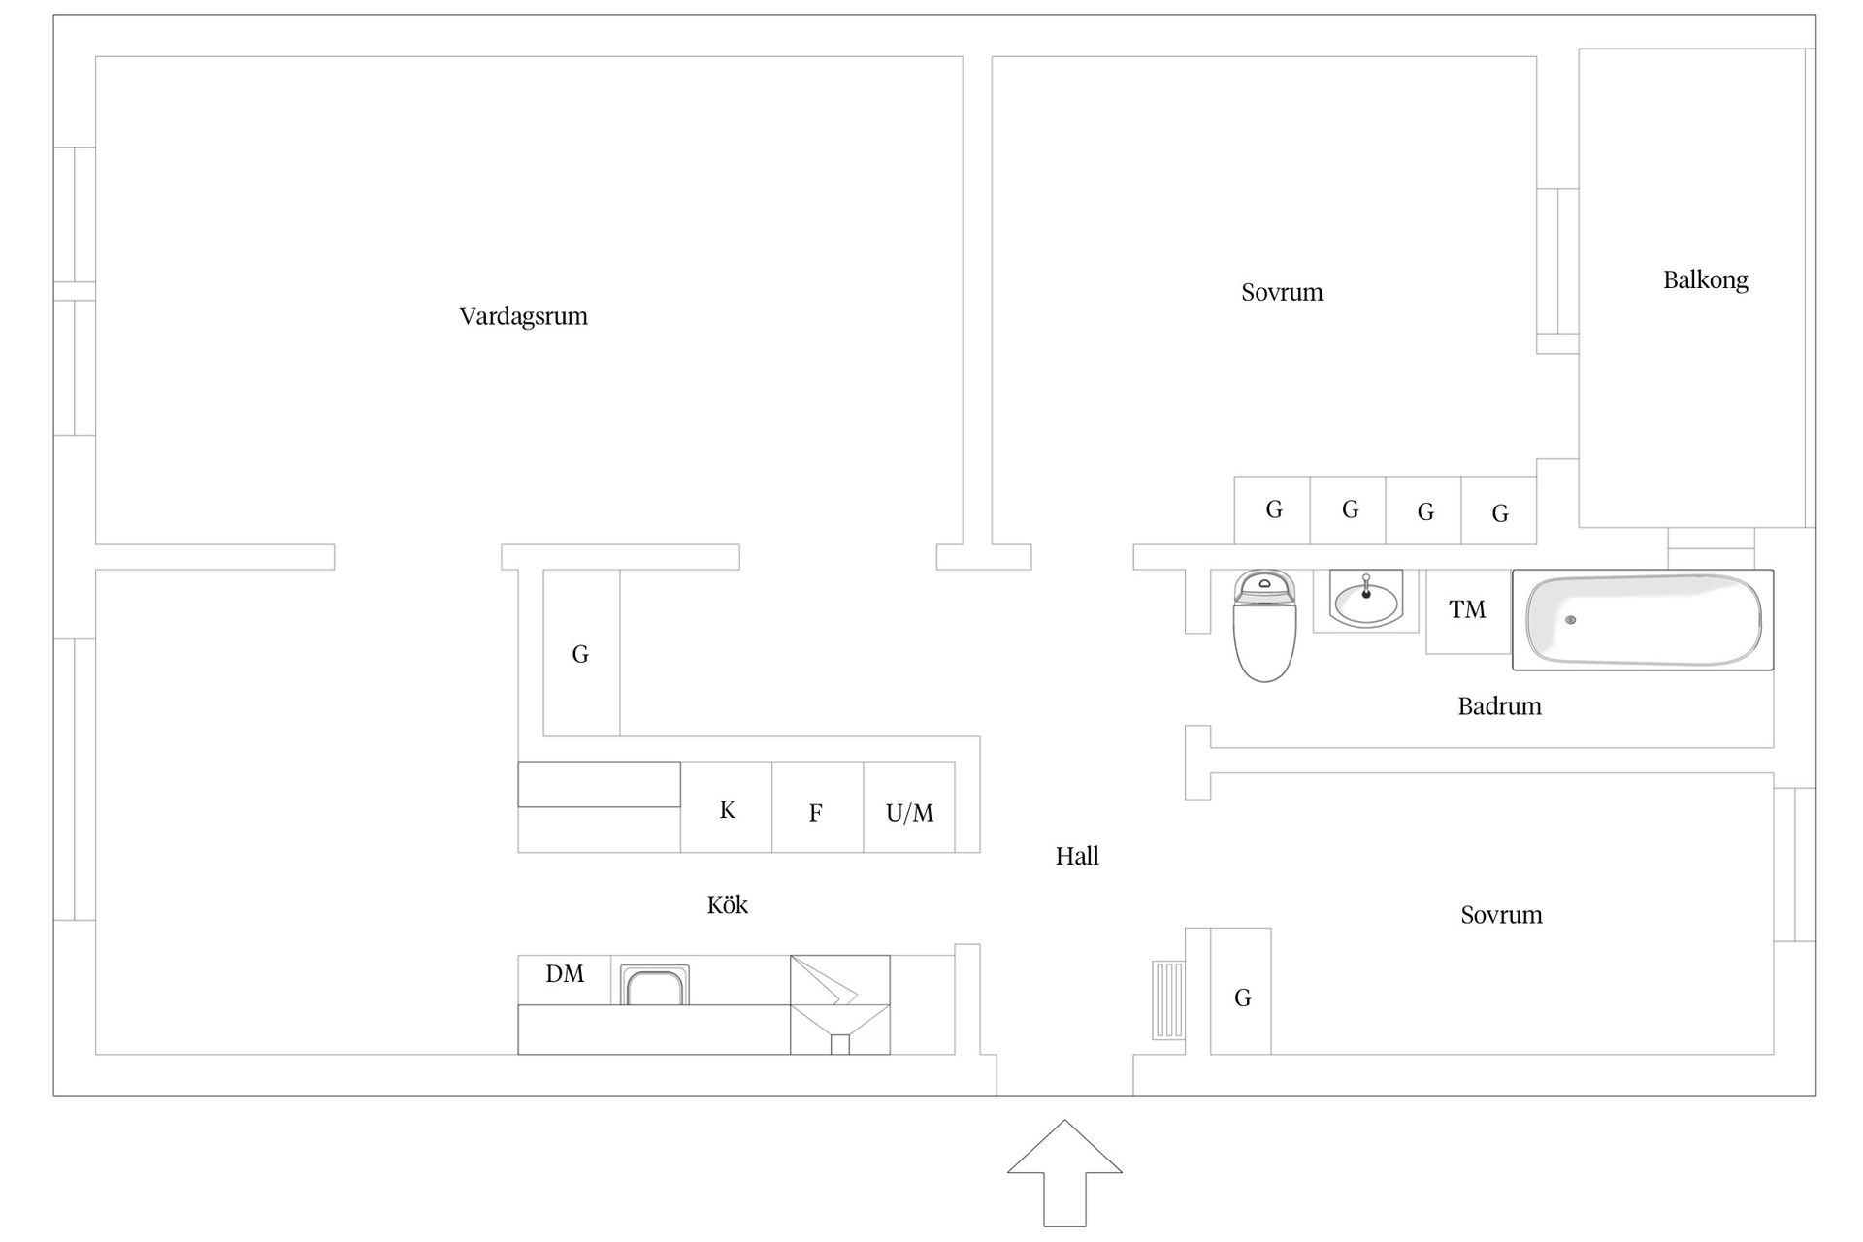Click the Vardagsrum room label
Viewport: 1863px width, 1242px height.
click(x=523, y=316)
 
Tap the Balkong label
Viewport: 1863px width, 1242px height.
click(x=1705, y=280)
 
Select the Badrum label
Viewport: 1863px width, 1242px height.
click(x=1499, y=705)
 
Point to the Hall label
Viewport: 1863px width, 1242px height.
click(x=1077, y=856)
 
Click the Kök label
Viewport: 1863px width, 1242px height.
click(x=727, y=904)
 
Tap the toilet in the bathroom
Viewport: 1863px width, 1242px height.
click(x=1264, y=625)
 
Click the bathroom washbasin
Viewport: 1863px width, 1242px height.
click(x=1366, y=600)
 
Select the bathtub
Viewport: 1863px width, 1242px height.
click(x=1643, y=620)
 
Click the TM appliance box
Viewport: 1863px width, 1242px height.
click(x=1468, y=610)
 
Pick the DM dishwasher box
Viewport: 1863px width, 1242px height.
click(x=565, y=980)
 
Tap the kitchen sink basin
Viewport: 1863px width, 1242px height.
click(x=655, y=985)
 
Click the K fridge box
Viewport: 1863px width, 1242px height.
click(x=727, y=807)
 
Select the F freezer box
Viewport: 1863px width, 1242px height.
click(x=818, y=807)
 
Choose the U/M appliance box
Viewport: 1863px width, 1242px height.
click(x=909, y=807)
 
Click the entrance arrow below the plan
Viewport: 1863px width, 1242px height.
click(x=1064, y=1173)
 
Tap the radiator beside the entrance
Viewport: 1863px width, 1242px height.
click(x=1168, y=999)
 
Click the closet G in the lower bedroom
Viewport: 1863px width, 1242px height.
click(x=1241, y=991)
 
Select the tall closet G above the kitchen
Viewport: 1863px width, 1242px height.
click(x=581, y=652)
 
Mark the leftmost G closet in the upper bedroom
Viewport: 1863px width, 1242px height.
click(x=1272, y=510)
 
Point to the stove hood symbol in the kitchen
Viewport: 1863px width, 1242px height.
click(x=840, y=1005)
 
